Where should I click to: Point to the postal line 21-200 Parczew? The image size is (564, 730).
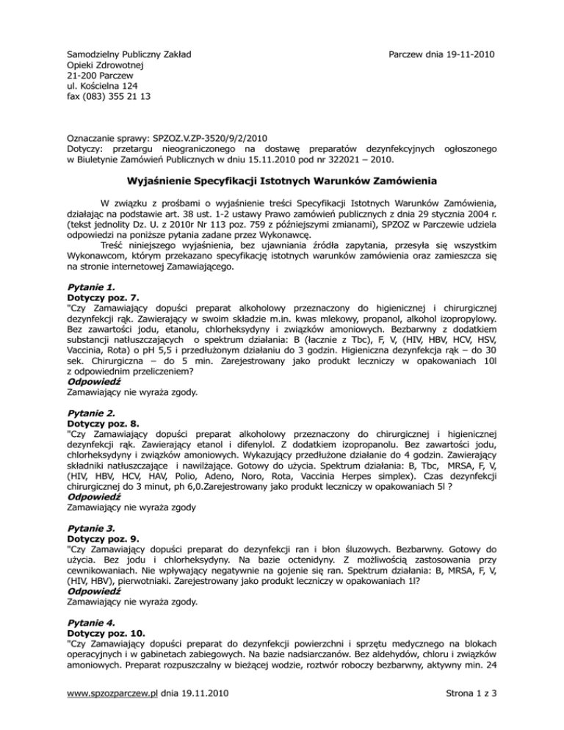coord(98,75)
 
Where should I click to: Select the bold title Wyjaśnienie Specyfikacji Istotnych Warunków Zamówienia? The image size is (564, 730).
coord(281,181)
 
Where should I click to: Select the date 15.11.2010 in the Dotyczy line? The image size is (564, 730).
coord(272,159)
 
